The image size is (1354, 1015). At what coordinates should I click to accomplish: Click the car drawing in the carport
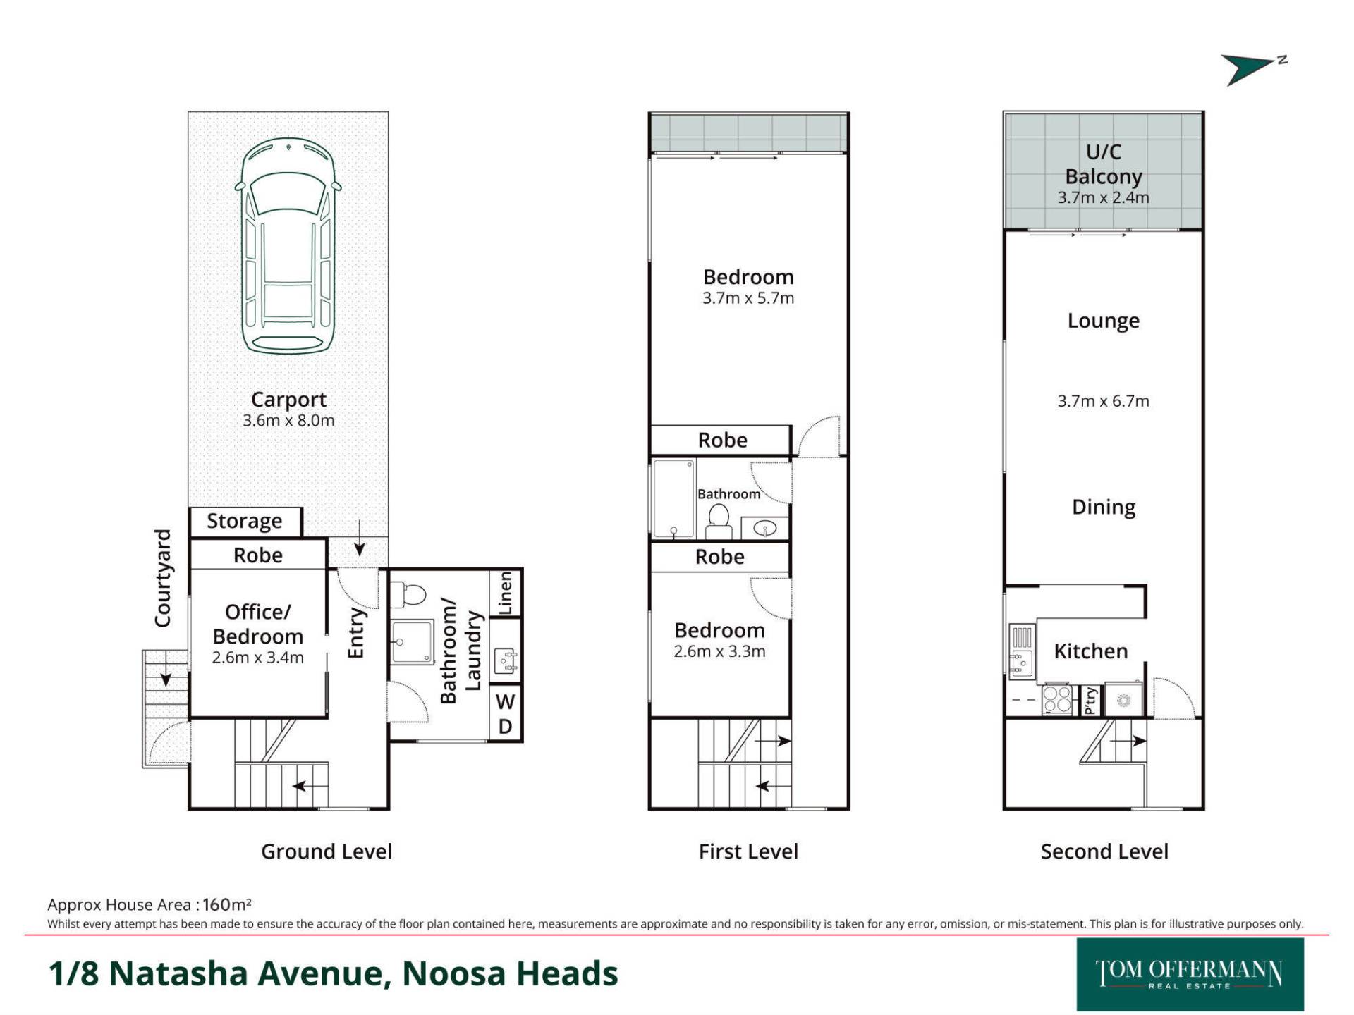click(288, 245)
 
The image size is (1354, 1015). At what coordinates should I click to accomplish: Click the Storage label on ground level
click(244, 521)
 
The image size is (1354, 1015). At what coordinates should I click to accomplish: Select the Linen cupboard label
click(506, 593)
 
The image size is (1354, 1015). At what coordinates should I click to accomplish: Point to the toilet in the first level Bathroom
click(719, 522)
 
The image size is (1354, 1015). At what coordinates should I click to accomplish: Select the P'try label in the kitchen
click(1090, 701)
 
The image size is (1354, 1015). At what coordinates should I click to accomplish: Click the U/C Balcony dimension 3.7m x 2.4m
click(1103, 198)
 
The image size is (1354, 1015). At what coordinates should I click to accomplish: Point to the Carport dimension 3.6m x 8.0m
click(288, 421)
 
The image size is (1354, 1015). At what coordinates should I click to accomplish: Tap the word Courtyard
click(163, 578)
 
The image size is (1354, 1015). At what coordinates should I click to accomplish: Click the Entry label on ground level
click(356, 633)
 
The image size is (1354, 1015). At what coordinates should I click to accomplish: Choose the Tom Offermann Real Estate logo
click(1190, 974)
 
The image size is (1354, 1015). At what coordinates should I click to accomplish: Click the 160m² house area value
click(226, 904)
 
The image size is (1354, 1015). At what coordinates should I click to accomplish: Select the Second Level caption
click(1104, 851)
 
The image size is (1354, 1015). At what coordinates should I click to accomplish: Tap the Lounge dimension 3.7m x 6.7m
click(1103, 401)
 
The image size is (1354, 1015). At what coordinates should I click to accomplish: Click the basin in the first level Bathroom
click(765, 527)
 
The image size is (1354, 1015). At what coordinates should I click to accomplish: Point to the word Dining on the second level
click(1104, 508)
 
